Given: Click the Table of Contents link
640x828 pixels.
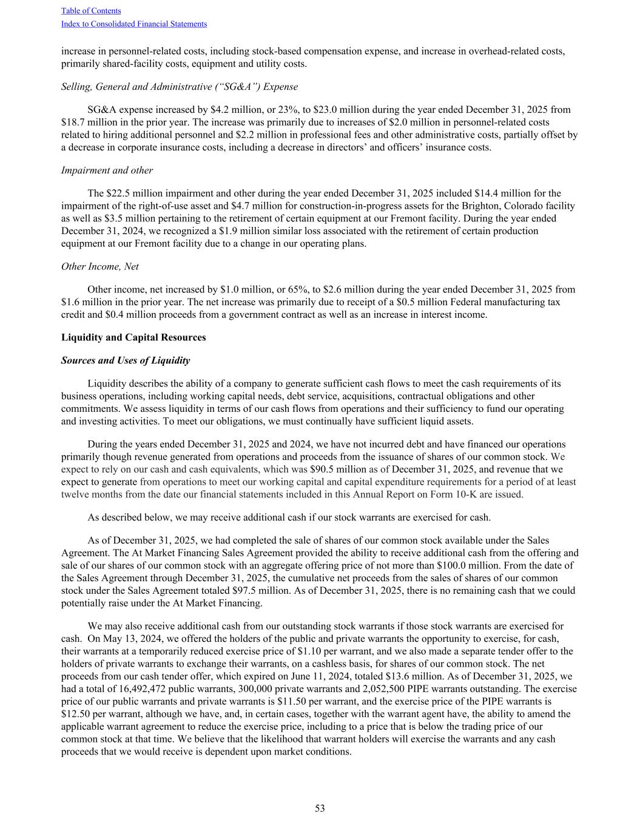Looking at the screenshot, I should coord(91,11).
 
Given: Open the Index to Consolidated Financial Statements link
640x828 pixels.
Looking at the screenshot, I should coord(134,24).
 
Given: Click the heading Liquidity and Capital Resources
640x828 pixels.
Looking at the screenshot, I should coord(133,337).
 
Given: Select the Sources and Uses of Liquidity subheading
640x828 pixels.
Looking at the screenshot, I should coord(126,360).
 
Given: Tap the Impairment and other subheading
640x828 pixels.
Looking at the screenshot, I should coord(107,170).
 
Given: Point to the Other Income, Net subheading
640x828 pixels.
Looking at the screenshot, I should coord(100,266).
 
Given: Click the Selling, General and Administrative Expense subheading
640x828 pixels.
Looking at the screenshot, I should coord(180,87).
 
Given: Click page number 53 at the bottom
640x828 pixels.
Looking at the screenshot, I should coord(320,808).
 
